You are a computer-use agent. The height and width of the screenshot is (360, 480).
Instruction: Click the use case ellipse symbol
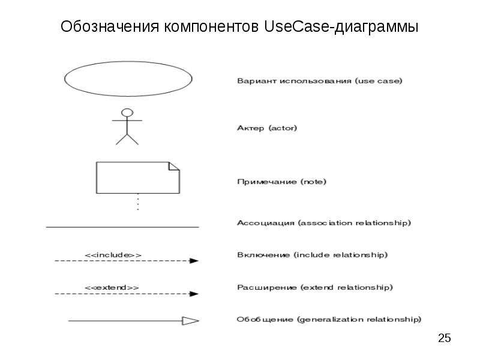tap(65, 79)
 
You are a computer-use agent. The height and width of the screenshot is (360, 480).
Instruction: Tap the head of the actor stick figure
tap(127, 113)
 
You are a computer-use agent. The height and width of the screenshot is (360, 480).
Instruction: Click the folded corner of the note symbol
tap(174, 166)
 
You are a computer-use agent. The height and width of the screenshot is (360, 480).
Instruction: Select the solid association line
tap(122, 227)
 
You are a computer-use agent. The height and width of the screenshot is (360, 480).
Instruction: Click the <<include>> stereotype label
tap(113, 255)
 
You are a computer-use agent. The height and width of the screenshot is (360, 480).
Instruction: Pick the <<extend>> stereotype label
tap(112, 288)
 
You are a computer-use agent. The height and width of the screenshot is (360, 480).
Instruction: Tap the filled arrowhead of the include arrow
tap(194, 261)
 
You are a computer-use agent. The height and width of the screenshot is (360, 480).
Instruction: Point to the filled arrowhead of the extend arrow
tap(194, 294)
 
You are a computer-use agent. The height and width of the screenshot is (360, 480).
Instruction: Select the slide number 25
tap(444, 338)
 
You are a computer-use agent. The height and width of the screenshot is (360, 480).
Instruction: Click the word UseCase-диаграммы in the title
tap(341, 26)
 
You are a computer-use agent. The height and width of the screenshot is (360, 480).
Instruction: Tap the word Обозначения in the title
tap(110, 26)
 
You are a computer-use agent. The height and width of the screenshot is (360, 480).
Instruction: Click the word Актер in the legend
tap(250, 128)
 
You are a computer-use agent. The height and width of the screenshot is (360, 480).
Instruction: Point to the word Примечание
tap(267, 182)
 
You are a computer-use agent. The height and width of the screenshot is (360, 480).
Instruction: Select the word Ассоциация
tap(266, 223)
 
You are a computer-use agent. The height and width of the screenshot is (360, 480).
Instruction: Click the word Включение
tap(263, 255)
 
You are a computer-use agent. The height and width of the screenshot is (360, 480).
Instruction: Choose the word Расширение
tap(267, 287)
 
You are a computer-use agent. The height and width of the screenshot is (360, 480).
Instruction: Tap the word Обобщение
tap(265, 320)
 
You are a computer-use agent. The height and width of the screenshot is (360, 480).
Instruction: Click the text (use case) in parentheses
tap(379, 81)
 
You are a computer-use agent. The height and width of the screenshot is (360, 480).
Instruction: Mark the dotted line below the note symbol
tap(138, 202)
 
